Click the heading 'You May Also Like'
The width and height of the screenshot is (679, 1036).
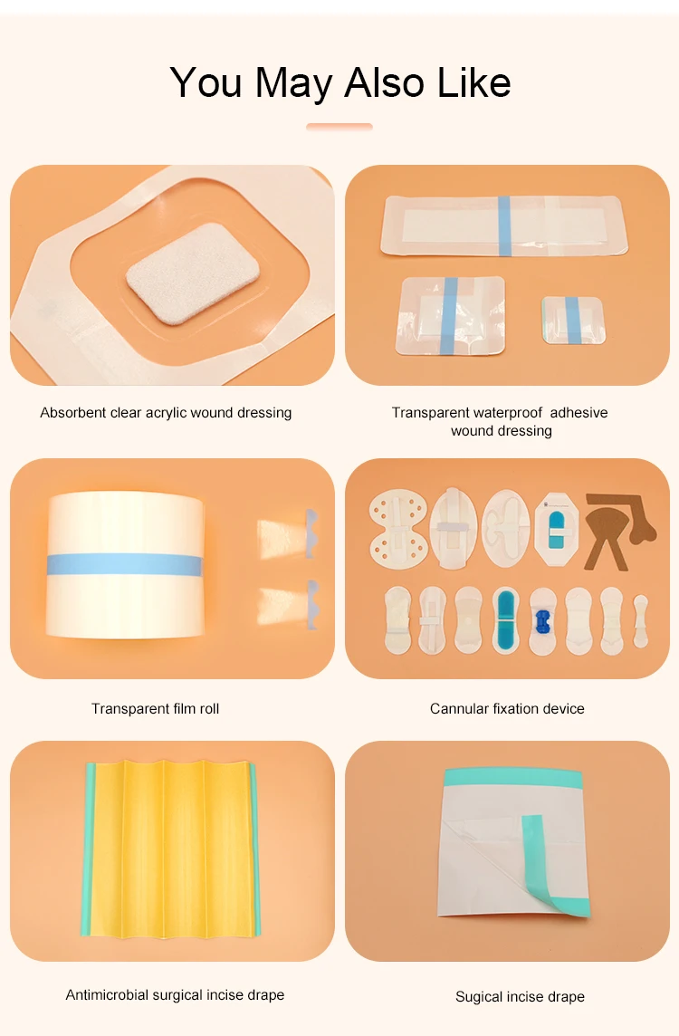click(339, 82)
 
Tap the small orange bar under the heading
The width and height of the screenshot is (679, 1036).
click(339, 127)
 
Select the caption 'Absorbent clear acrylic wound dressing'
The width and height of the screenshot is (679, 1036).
click(166, 413)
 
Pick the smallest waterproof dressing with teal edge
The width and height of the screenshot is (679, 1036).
click(572, 319)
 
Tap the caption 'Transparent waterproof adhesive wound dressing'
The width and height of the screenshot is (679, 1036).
click(500, 421)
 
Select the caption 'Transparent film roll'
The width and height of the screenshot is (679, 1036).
click(155, 708)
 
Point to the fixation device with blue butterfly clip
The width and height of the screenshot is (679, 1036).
click(542, 621)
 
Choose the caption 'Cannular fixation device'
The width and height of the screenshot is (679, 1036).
click(507, 708)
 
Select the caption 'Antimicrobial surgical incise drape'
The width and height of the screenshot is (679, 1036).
click(175, 994)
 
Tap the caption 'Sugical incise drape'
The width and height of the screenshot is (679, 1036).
click(520, 996)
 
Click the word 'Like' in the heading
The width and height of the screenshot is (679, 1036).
click(474, 82)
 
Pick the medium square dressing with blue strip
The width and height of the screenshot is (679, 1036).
click(449, 314)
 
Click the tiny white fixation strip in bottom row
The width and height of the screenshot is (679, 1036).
click(641, 620)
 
